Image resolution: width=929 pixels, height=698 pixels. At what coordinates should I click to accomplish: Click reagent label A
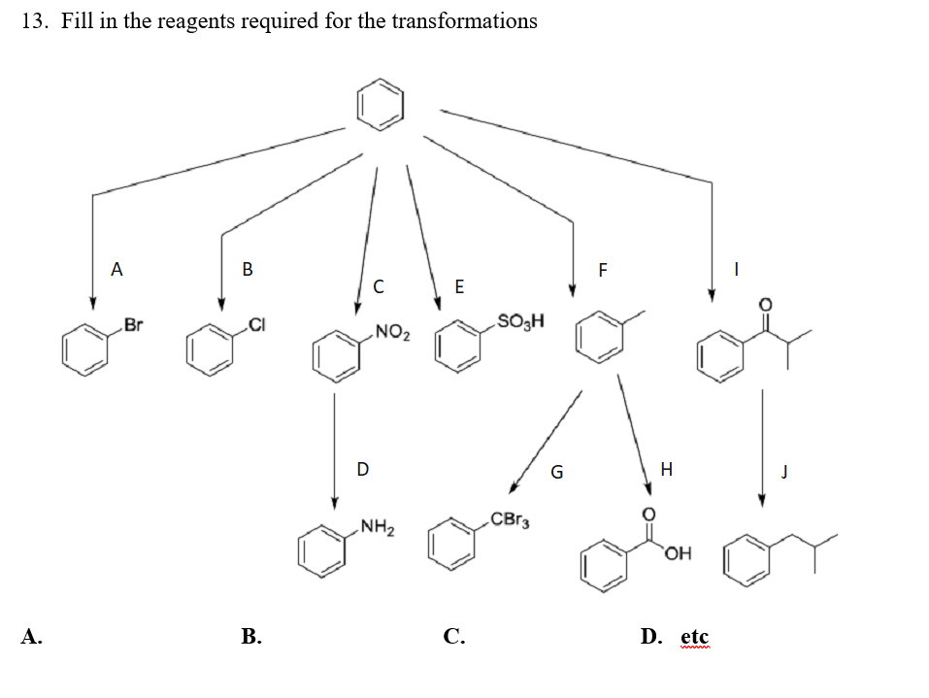pos(117,268)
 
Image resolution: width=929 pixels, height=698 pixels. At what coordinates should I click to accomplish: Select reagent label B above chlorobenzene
pos(248,269)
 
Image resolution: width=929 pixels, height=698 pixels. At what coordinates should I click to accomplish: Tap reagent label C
pos(379,286)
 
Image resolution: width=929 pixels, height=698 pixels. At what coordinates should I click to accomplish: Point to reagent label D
pos(362,469)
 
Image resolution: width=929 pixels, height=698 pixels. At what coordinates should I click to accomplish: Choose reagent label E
pos(459,286)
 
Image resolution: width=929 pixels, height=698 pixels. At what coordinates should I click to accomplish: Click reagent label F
pos(602,270)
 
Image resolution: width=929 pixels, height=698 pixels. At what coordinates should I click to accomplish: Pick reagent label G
pos(556,473)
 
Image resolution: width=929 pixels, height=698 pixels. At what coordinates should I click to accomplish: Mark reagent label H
pos(665,469)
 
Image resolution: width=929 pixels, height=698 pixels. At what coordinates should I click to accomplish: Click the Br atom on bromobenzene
pos(133,325)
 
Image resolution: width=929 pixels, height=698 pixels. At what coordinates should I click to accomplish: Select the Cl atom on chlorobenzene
pos(255,323)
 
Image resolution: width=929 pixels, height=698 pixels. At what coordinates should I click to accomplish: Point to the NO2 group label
pos(392,336)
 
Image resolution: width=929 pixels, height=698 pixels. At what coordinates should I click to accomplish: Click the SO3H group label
pos(520,320)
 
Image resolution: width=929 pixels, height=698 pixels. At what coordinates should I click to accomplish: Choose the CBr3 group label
pos(510,518)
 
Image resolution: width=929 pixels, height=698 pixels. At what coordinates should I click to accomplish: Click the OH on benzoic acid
pos(679,554)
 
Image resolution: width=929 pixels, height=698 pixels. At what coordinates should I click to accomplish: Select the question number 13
pos(34,21)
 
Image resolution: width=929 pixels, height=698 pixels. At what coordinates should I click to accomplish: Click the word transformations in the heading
pos(464,21)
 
